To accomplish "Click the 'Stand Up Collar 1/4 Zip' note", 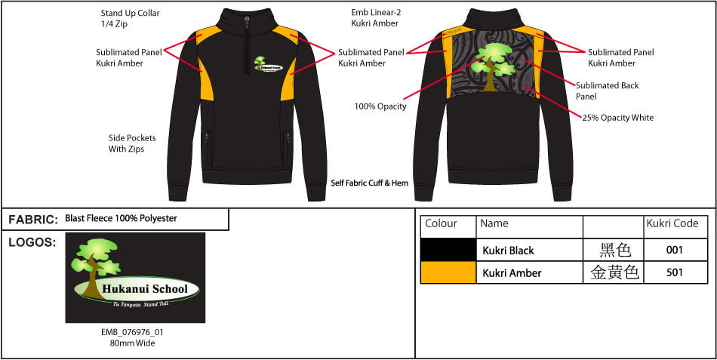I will coord(130,18).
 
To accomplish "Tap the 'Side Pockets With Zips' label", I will coord(131,143).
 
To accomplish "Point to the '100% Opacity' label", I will coord(380,106).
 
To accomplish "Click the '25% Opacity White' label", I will coord(617,118).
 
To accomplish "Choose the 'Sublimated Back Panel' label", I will coord(607,91).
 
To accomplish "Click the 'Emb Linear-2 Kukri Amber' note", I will coord(374,18).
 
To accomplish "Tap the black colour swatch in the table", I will coord(448,250).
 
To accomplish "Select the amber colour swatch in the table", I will coord(448,272).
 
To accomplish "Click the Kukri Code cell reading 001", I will coord(675,250).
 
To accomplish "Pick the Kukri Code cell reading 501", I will coord(675,272).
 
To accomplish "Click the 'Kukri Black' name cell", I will coord(508,251).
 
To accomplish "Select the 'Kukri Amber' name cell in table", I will coord(511,273).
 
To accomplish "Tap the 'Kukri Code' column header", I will coord(672,224).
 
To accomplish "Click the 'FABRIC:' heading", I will coord(33,220).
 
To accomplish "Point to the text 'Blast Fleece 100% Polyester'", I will coord(121,219).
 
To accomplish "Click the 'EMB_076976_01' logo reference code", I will coord(133,331).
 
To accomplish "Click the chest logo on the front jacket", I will coord(267,66).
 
